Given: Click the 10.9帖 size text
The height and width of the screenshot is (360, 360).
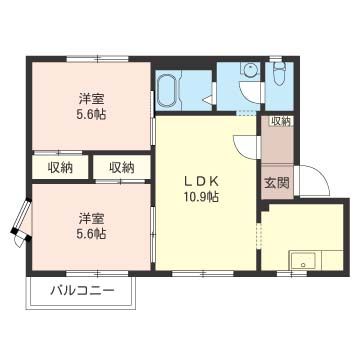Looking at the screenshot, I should pos(201,197).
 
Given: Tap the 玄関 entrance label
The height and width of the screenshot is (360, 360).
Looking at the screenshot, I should pos(276,183).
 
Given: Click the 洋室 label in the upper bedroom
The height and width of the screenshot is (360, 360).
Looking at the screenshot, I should pos(91,98).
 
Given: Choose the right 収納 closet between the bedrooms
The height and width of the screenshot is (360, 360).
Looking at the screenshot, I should pos(122,167).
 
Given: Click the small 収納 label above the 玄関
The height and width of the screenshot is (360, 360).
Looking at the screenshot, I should pos(281,121).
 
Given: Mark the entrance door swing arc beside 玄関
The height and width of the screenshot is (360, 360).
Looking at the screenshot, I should pos(313,183).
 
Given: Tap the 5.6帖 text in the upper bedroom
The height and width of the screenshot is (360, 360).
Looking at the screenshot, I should pos(91,115).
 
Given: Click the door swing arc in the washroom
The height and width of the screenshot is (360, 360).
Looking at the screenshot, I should pos(208,96).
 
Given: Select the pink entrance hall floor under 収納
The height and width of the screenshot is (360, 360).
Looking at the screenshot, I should pos(276,150).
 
